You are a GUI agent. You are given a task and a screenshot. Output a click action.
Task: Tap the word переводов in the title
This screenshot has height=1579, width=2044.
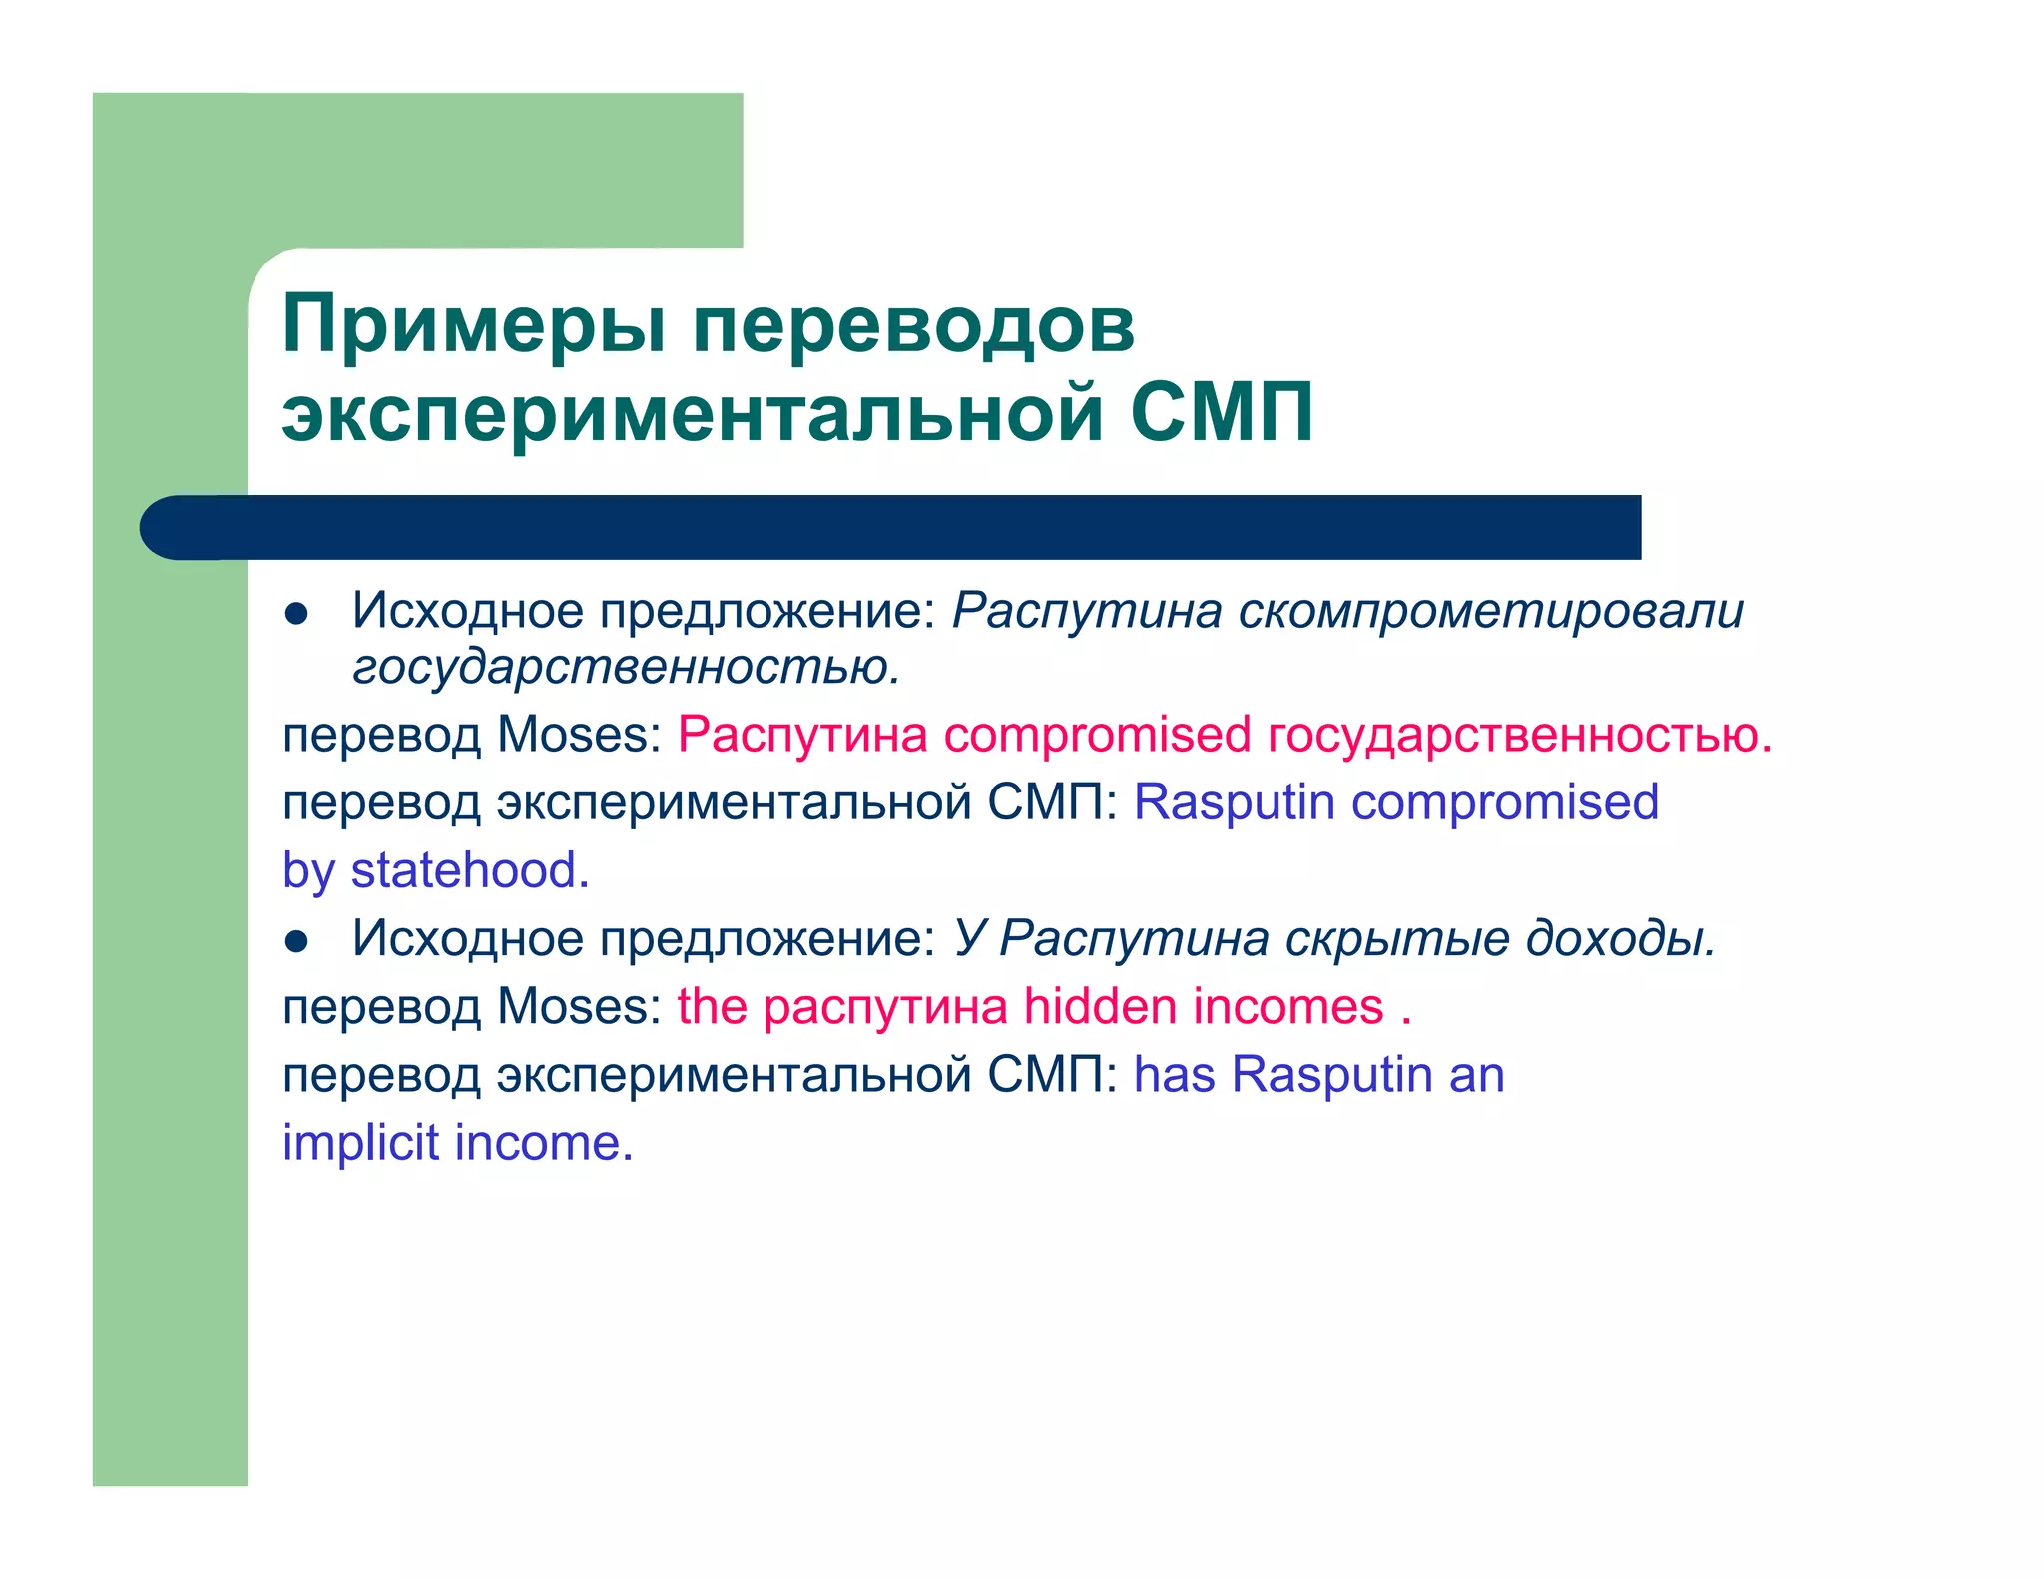coord(913,325)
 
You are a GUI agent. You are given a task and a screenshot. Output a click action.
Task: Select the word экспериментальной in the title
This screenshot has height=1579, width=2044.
coord(693,413)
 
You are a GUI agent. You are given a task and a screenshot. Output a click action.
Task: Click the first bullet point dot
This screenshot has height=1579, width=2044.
coord(296,614)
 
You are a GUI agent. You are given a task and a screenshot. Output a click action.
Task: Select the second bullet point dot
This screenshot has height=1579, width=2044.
coord(296,941)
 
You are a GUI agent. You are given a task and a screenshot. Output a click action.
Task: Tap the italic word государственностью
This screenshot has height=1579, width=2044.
coord(626,667)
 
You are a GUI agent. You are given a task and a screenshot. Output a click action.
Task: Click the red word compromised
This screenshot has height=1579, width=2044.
coord(1097,735)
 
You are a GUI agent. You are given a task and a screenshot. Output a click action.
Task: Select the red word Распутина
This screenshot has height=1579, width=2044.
coord(802,735)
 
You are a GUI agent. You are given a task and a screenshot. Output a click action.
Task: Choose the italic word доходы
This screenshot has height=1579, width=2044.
coord(1621,938)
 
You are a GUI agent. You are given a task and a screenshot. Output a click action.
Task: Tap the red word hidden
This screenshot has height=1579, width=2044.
coord(1100,1006)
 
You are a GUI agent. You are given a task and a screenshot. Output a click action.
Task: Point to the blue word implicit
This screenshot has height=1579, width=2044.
coord(360,1143)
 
